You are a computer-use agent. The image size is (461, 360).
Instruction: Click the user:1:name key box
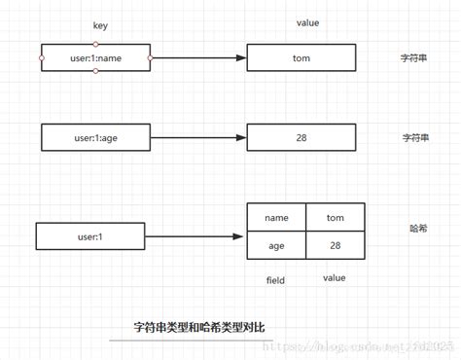96,58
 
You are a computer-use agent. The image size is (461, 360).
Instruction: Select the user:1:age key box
96,138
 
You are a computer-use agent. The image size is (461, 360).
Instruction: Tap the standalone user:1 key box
90,236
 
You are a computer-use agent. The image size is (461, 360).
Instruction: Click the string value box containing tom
301,58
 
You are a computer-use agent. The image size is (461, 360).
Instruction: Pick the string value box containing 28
301,138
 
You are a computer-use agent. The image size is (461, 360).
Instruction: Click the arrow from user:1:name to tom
198,58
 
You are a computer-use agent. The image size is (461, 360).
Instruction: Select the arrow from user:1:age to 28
198,138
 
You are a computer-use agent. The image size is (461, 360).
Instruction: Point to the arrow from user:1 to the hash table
194,236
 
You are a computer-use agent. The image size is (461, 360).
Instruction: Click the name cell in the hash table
276,218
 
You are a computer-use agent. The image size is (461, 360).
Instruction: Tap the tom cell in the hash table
336,218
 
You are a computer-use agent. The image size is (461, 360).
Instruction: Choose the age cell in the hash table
276,246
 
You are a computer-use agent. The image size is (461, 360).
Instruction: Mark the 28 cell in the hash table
336,246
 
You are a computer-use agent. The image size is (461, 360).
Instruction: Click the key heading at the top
100,25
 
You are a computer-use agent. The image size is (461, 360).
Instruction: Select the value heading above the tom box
307,22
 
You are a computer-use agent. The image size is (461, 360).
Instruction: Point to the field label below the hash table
275,280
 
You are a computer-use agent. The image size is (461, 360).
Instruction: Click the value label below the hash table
334,279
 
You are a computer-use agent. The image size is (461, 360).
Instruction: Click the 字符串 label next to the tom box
416,58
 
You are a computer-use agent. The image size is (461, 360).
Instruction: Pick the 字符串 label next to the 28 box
416,138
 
